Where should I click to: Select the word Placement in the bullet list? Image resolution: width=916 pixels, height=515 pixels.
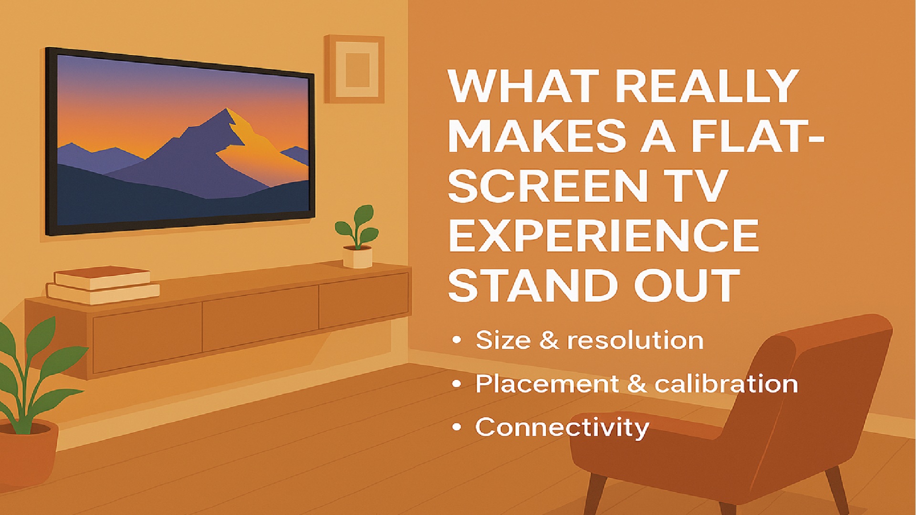(547, 384)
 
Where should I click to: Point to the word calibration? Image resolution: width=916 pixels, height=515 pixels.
(726, 384)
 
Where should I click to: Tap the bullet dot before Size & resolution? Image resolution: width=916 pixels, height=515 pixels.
(457, 340)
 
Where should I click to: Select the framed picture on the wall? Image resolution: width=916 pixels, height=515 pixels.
(354, 69)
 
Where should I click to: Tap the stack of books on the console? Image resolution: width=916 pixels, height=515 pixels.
(103, 285)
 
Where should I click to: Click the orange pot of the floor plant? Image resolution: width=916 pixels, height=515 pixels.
(27, 452)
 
